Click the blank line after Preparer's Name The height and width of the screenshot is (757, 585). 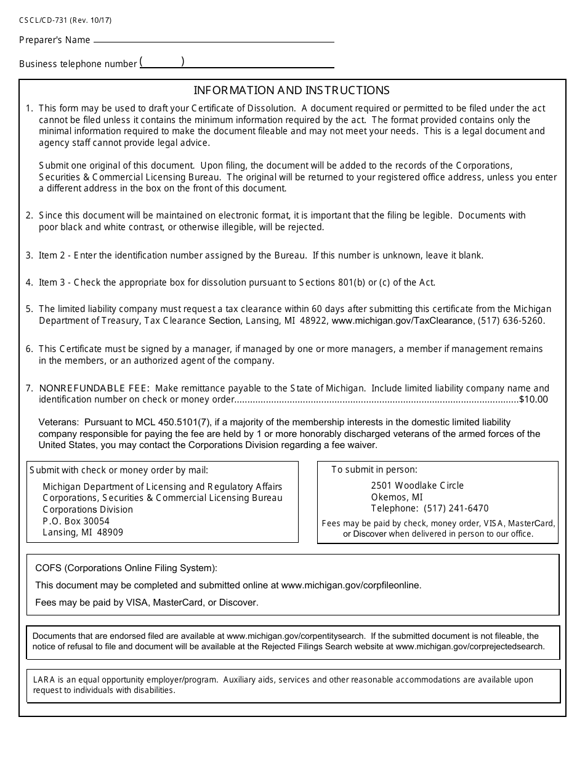pyautogui.click(x=213, y=41)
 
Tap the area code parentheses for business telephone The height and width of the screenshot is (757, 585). pyautogui.click(x=162, y=62)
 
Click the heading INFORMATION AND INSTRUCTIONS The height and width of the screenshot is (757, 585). pyautogui.click(x=292, y=90)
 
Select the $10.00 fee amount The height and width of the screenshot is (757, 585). pyautogui.click(x=533, y=399)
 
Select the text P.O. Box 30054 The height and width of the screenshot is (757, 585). pyautogui.click(x=76, y=521)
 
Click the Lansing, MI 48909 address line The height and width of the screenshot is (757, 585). pyautogui.click(x=83, y=532)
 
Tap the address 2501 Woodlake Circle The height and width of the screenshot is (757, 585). pyautogui.click(x=417, y=486)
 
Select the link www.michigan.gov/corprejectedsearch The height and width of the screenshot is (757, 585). pyautogui.click(x=470, y=647)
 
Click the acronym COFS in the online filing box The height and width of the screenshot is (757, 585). pyautogui.click(x=47, y=568)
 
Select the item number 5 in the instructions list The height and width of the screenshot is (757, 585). pyautogui.click(x=28, y=309)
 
